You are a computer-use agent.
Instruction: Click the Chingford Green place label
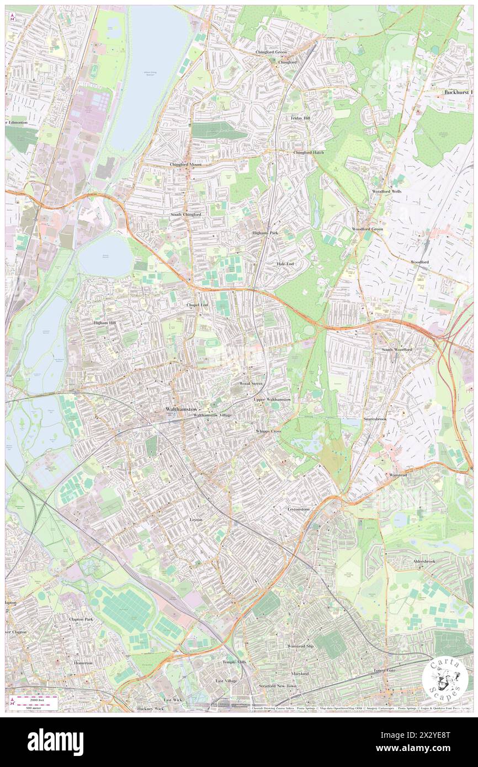click(270, 52)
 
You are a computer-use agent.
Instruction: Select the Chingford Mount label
click(185, 164)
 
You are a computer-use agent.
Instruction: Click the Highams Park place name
click(265, 233)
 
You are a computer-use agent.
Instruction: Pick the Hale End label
click(285, 264)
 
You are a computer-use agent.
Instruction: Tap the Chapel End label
click(197, 305)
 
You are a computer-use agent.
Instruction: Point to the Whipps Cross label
click(268, 430)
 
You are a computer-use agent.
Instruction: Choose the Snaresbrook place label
click(374, 419)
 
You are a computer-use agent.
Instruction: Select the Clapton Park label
click(81, 619)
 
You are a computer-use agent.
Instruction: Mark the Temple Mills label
click(235, 662)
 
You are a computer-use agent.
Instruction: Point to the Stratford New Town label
click(278, 686)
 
